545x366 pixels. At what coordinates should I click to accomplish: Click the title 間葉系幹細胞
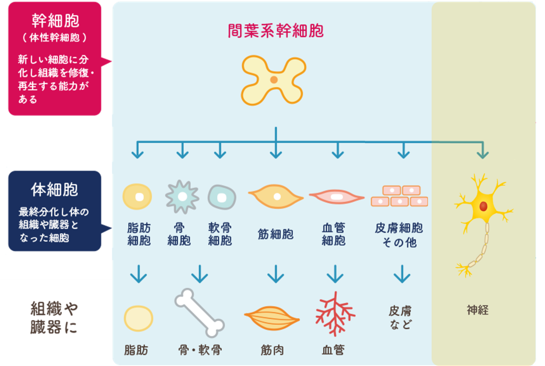tap(275, 31)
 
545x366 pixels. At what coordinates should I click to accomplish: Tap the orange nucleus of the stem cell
tap(274, 79)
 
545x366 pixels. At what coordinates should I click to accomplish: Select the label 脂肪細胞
tap(139, 234)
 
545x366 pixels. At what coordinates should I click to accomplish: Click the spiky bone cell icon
tap(182, 197)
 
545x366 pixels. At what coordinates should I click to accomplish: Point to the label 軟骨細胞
tap(220, 234)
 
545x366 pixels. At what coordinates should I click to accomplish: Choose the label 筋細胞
tap(275, 234)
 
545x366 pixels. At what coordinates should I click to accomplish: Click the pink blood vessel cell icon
tap(337, 197)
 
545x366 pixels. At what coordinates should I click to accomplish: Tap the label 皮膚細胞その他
tap(399, 235)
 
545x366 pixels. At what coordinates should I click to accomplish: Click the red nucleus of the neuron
tap(483, 207)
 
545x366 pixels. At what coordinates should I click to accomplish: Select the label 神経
tap(478, 310)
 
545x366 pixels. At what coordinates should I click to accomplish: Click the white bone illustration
tap(200, 313)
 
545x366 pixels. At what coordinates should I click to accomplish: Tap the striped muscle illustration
tap(272, 318)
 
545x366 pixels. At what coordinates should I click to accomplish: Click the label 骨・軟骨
tap(200, 350)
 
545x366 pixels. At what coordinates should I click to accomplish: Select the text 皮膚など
tap(400, 318)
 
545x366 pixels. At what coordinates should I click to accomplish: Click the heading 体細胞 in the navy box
tap(54, 190)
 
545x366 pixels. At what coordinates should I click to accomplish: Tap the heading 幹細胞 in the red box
tap(55, 21)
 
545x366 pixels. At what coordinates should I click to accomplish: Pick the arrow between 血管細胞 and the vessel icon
tap(335, 274)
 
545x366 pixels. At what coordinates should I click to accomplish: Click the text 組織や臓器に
tap(54, 318)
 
